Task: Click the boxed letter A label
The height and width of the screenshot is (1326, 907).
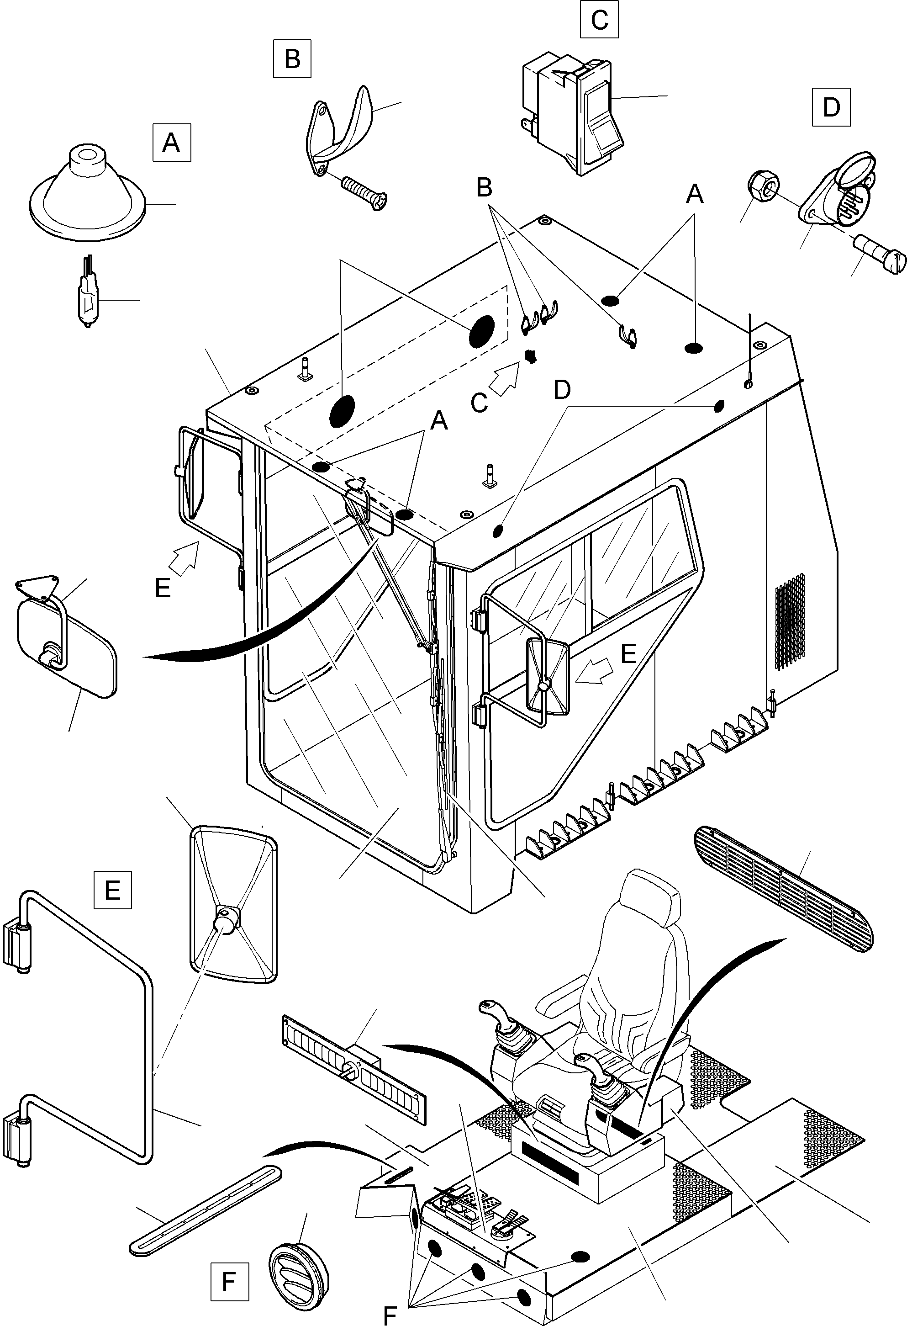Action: click(171, 142)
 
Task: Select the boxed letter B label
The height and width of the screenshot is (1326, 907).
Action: click(292, 58)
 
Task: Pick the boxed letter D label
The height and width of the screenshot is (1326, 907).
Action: click(831, 107)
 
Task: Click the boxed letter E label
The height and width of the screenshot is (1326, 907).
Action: click(112, 890)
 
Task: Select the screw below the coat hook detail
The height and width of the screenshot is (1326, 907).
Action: click(364, 192)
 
